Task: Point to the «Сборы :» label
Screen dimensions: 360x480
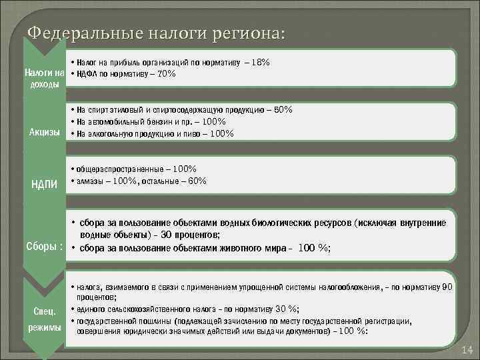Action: (x=44, y=246)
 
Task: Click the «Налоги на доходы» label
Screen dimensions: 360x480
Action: (x=44, y=78)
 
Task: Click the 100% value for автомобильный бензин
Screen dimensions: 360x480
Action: (x=213, y=121)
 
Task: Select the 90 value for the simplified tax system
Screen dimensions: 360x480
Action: (x=447, y=287)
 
